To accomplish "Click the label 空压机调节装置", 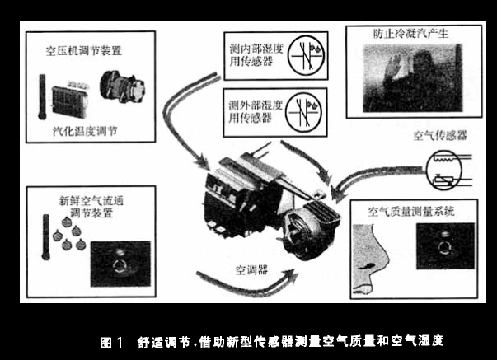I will click(84, 51).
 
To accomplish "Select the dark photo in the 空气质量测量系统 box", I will click(445, 246).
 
